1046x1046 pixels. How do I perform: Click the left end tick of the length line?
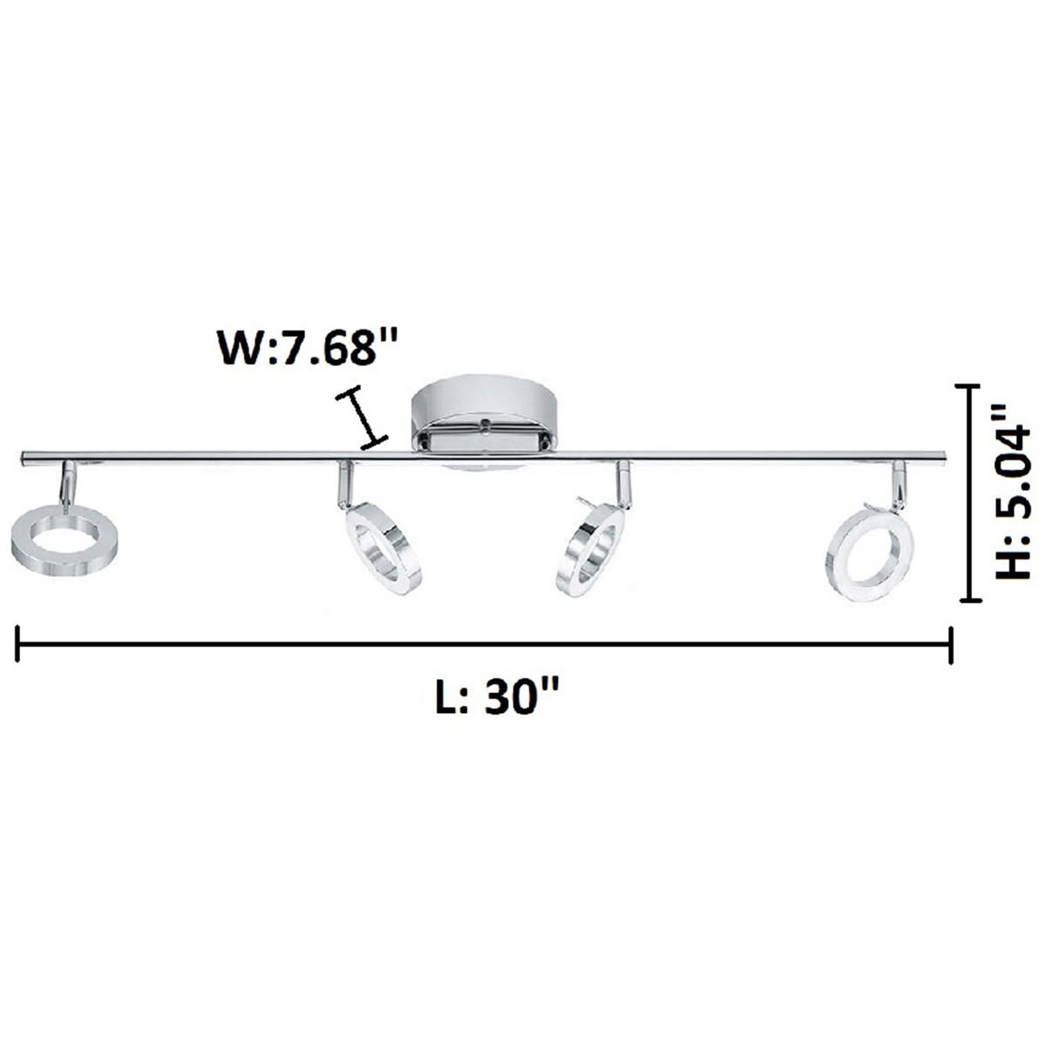click(x=17, y=646)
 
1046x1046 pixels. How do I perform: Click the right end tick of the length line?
click(x=951, y=646)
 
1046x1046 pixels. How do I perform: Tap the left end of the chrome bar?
click(x=24, y=457)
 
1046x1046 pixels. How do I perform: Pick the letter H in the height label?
click(x=1015, y=562)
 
